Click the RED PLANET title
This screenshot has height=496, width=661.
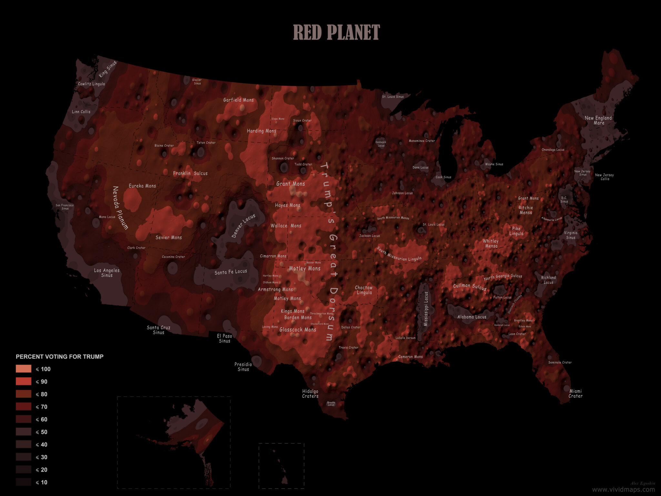pyautogui.click(x=336, y=32)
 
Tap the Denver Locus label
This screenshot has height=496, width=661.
pyautogui.click(x=243, y=226)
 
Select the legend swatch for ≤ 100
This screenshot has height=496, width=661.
pyautogui.click(x=24, y=369)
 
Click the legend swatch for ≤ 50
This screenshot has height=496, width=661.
pyautogui.click(x=24, y=432)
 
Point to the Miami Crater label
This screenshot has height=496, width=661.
pyautogui.click(x=575, y=393)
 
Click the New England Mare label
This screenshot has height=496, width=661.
pyautogui.click(x=598, y=120)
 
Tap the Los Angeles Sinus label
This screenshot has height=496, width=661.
pyautogui.click(x=107, y=273)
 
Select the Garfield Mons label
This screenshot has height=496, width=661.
pyautogui.click(x=239, y=100)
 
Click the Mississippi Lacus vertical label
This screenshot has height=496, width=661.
pyautogui.click(x=426, y=309)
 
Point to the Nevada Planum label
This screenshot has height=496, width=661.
pyautogui.click(x=120, y=208)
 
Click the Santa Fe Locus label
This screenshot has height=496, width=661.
pyautogui.click(x=231, y=272)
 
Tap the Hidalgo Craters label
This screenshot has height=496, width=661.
pyautogui.click(x=310, y=393)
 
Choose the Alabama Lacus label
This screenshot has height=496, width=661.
pyautogui.click(x=472, y=317)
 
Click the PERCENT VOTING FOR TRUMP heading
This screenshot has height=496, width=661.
pyautogui.click(x=60, y=356)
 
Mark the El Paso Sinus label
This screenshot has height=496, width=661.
pyautogui.click(x=225, y=338)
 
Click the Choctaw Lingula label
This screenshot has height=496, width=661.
pyautogui.click(x=364, y=290)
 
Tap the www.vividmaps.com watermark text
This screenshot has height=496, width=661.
pyautogui.click(x=623, y=490)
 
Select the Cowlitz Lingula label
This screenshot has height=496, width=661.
pyautogui.click(x=91, y=84)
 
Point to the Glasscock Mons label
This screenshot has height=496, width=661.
pyautogui.click(x=298, y=329)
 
